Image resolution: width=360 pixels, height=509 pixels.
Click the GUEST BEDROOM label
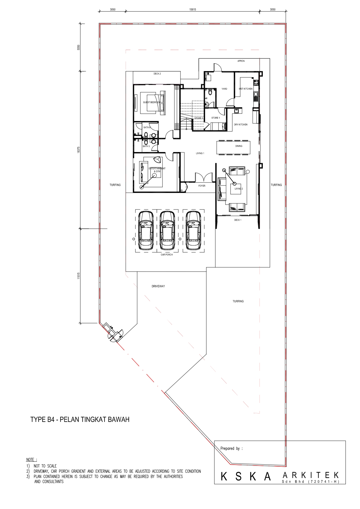click(x=151, y=102)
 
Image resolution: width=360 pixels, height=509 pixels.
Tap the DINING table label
click(x=239, y=146)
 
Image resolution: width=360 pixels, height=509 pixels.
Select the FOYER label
click(x=202, y=186)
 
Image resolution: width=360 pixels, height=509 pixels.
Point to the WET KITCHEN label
click(x=246, y=89)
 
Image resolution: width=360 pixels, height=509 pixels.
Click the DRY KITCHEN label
click(x=241, y=124)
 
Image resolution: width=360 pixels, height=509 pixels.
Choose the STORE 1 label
click(x=216, y=118)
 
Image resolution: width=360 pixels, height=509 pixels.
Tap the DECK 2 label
click(x=157, y=74)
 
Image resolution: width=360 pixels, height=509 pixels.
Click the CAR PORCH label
click(x=167, y=255)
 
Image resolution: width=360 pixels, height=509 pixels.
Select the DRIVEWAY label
click(x=158, y=286)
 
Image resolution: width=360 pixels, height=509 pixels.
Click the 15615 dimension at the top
click(x=193, y=10)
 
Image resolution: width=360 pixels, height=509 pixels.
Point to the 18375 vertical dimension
click(x=79, y=150)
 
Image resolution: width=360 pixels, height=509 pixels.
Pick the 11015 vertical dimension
click(x=79, y=276)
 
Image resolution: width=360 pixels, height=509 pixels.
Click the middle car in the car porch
click(x=167, y=231)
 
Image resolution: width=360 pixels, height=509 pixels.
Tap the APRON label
click(x=241, y=61)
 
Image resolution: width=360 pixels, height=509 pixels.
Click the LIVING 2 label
click(x=239, y=189)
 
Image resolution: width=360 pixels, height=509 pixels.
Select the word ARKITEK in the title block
click(x=311, y=475)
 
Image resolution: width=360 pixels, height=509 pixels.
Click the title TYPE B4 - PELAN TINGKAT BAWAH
click(x=80, y=420)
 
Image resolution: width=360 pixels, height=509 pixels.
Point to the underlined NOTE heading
click(x=30, y=460)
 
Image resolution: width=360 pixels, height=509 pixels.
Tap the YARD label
click(x=225, y=89)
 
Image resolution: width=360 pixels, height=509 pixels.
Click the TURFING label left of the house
click(x=115, y=185)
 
